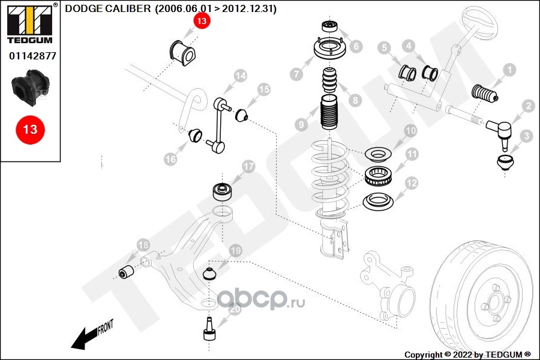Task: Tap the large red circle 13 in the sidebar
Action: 30,129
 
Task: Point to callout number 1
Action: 509,71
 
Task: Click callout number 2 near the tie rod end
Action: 528,106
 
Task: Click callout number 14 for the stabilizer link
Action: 240,76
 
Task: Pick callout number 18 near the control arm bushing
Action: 143,245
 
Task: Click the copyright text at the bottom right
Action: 468,355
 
